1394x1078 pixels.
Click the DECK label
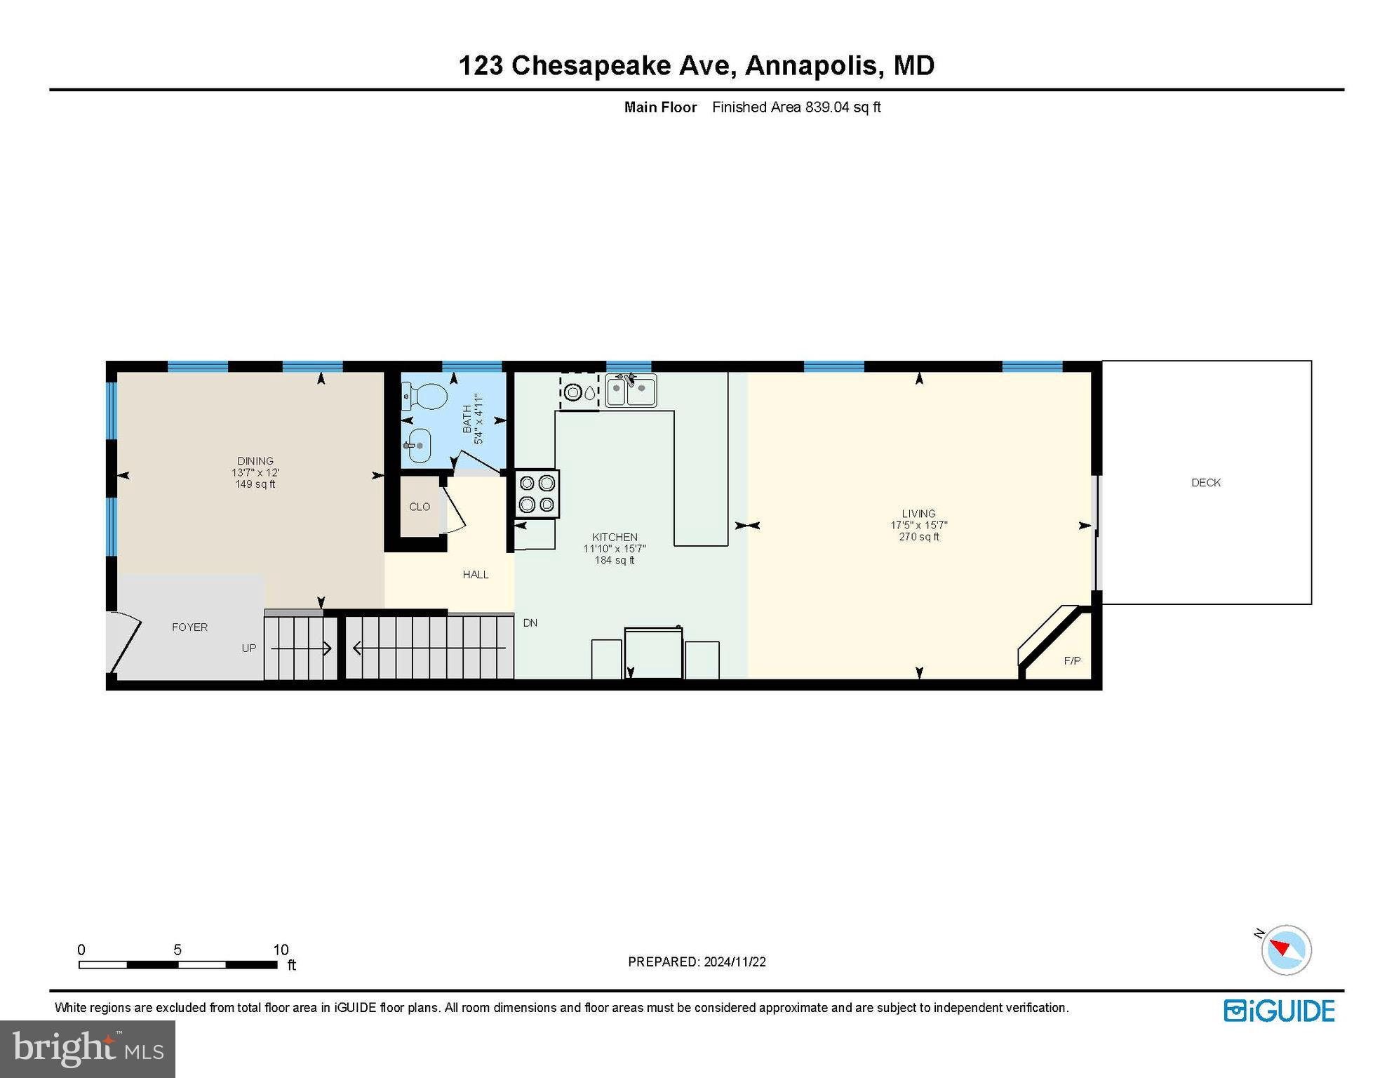[1205, 483]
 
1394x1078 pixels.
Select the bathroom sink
[419, 446]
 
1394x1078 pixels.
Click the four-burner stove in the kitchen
[537, 494]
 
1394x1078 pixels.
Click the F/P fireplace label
[1071, 661]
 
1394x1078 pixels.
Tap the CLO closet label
[420, 507]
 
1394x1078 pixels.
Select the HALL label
[475, 575]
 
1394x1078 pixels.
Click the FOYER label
[189, 627]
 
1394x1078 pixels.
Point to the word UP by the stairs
[248, 648]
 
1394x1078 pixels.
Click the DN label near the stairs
[530, 623]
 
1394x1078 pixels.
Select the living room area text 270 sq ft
[918, 537]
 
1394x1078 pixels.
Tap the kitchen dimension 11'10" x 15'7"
[614, 549]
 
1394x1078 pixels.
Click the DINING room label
[255, 461]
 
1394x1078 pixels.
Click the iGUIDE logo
[1278, 1011]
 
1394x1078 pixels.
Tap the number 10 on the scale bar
[281, 950]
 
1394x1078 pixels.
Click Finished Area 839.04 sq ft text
[796, 107]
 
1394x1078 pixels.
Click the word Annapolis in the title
[810, 65]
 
